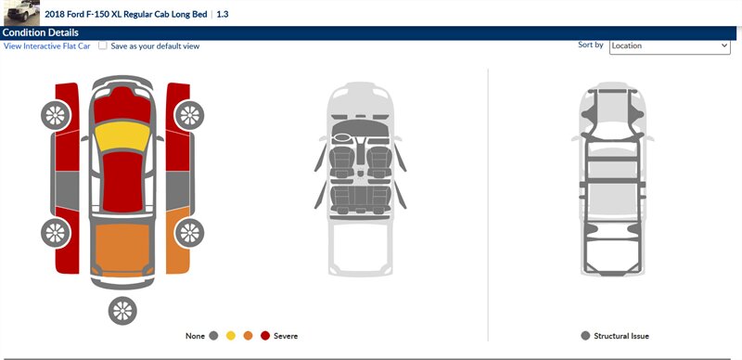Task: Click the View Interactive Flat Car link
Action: (47, 46)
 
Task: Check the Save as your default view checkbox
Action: (103, 45)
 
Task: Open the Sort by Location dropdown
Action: (670, 46)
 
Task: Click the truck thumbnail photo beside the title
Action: (21, 13)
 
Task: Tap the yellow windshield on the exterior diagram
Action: (122, 136)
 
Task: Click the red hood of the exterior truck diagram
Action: (122, 105)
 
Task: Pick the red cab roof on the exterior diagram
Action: (122, 183)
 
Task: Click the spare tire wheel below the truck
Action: (122, 311)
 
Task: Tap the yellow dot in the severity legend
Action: (230, 336)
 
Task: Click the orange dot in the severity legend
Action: (248, 336)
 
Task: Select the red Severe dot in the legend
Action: (265, 336)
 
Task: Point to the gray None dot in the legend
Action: (213, 336)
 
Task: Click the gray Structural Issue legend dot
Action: (585, 336)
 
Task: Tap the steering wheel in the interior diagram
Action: (341, 138)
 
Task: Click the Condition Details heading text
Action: (40, 32)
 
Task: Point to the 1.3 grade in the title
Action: (223, 14)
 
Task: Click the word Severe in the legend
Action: (286, 336)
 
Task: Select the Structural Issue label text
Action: (621, 336)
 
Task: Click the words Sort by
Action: (591, 45)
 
